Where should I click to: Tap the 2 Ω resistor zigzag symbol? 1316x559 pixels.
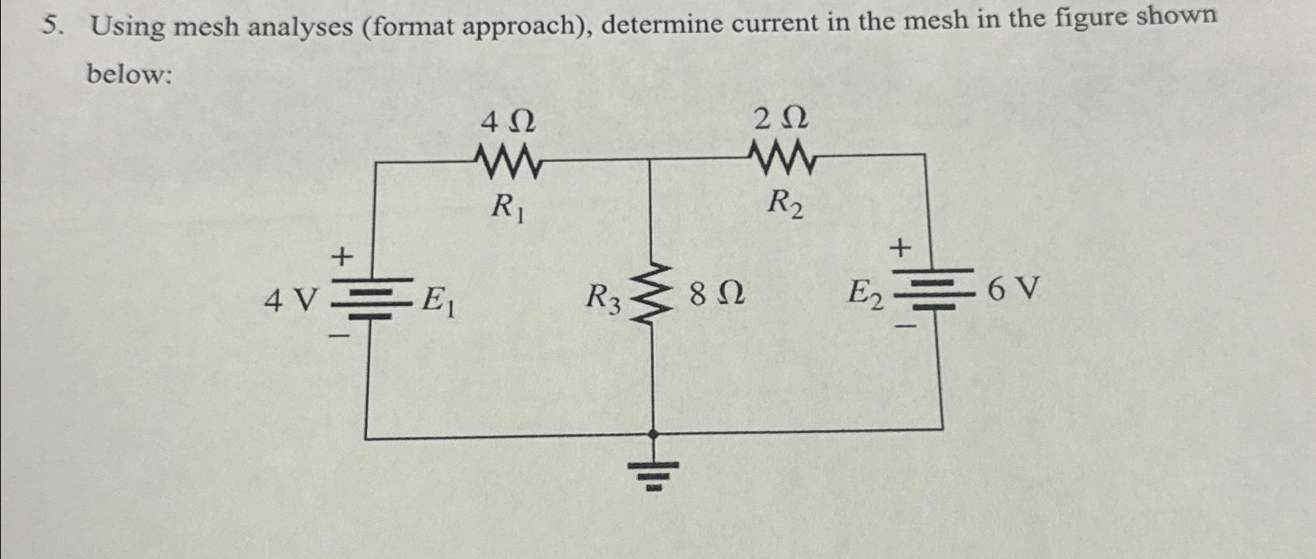coord(783,157)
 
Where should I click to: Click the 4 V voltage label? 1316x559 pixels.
coord(291,300)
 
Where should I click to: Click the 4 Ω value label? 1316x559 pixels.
coord(508,122)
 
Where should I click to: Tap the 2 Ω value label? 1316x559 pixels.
coord(780,120)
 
